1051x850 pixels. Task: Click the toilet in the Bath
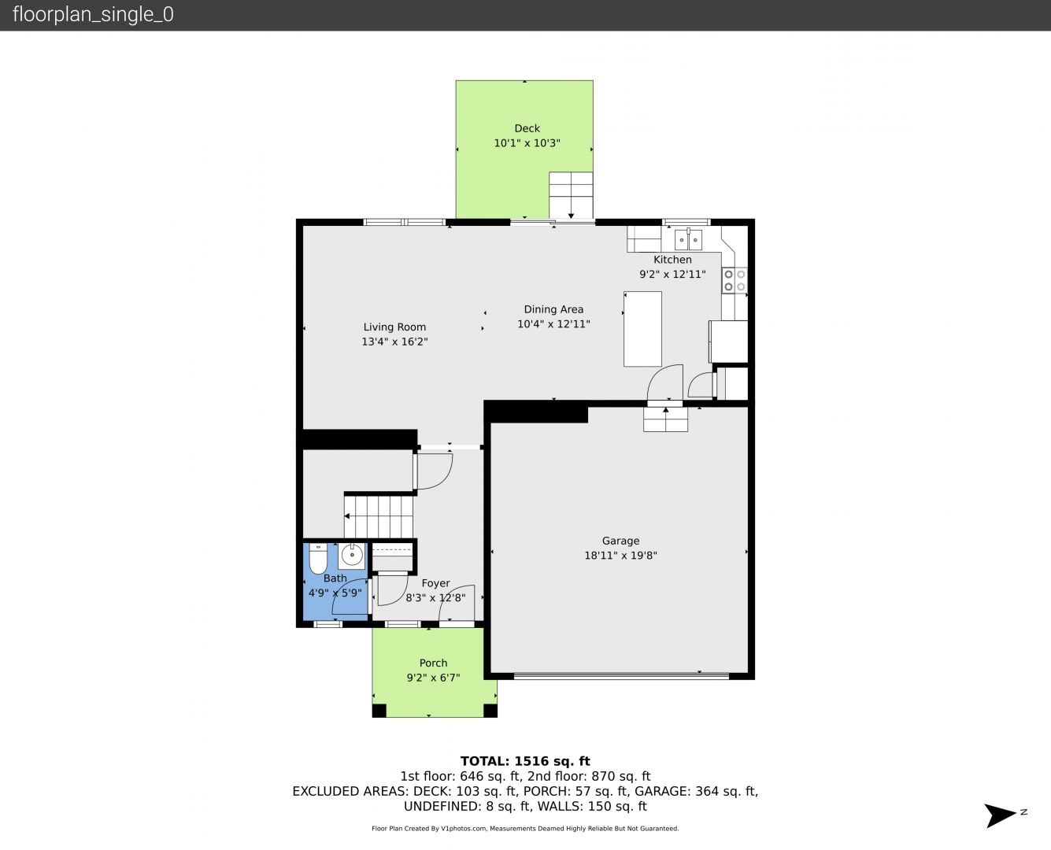click(x=318, y=559)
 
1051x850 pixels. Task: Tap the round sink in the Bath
click(x=352, y=556)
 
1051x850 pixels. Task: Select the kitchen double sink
click(x=688, y=240)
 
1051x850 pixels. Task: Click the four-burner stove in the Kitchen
click(x=735, y=280)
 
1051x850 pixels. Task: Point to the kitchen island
click(x=642, y=328)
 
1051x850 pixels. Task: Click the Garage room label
click(x=620, y=541)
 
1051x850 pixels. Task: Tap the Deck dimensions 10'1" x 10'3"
click(x=527, y=143)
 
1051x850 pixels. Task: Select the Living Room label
click(x=394, y=327)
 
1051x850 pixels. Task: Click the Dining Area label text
click(x=553, y=309)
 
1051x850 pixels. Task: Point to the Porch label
click(x=433, y=663)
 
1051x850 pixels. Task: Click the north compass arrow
click(x=1000, y=815)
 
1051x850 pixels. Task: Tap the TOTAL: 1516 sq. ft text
click(x=525, y=761)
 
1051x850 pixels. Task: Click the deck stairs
click(x=571, y=195)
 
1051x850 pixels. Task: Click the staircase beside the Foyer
click(x=379, y=516)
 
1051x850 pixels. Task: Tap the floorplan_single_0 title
click(x=93, y=14)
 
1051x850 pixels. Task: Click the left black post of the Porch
click(x=379, y=711)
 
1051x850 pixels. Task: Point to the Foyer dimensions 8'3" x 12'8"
click(x=435, y=598)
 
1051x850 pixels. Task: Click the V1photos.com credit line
click(x=525, y=828)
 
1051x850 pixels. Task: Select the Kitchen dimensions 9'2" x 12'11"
click(x=672, y=275)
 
